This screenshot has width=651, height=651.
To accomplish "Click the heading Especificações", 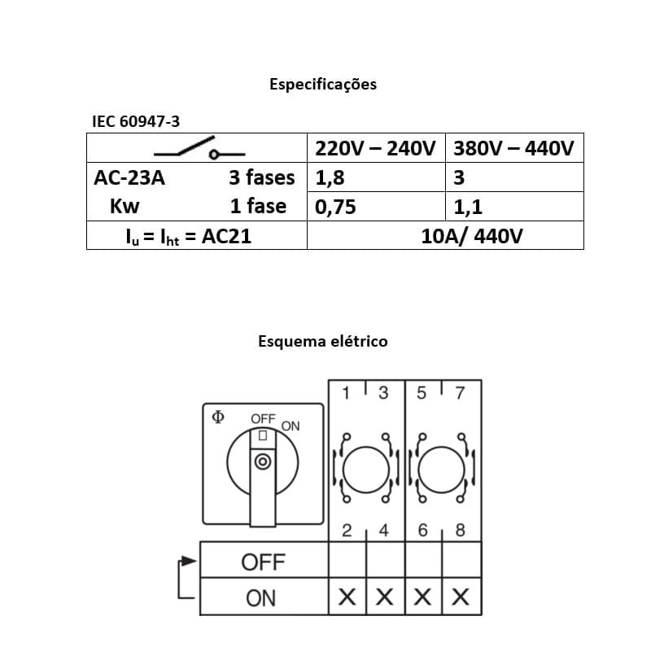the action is click(x=323, y=84).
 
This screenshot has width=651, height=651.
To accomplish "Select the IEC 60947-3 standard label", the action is click(x=136, y=121).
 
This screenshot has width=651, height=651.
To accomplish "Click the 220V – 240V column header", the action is click(x=376, y=149).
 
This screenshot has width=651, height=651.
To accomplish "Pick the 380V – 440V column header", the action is click(x=513, y=149).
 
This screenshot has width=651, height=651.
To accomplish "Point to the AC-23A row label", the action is click(x=129, y=177).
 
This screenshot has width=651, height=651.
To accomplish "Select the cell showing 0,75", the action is click(x=335, y=207).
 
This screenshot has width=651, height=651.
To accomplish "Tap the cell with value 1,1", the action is click(x=468, y=207).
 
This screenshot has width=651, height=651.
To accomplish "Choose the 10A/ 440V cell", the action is click(x=472, y=236).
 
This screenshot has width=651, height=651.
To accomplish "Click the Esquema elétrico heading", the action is click(x=323, y=341).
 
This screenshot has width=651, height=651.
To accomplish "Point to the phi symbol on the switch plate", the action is click(x=217, y=417).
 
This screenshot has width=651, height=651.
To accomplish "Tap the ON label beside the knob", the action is click(x=291, y=426).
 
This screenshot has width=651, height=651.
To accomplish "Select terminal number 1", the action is click(x=346, y=394).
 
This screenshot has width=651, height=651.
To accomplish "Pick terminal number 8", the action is click(x=460, y=531).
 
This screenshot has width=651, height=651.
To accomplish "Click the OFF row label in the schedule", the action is click(x=263, y=561).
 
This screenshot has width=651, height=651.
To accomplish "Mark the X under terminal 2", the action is click(x=347, y=598).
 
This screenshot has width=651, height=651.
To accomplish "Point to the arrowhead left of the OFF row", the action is click(x=189, y=561).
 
